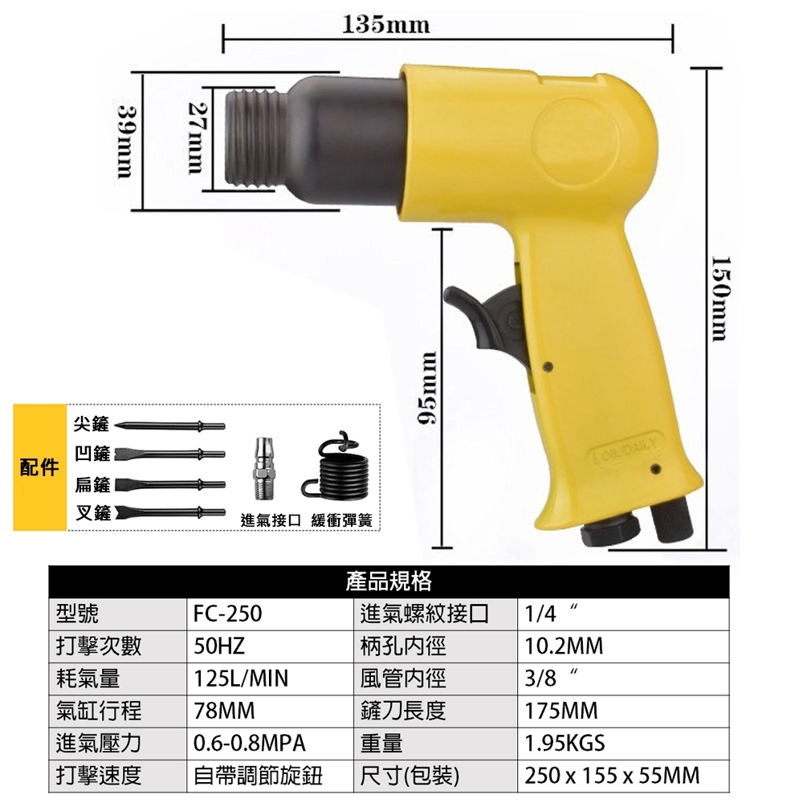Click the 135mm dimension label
(x=385, y=25)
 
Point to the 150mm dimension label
(x=721, y=299)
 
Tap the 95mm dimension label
(x=427, y=388)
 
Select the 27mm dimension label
(x=196, y=138)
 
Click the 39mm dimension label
(x=125, y=141)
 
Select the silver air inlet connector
(x=265, y=468)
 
